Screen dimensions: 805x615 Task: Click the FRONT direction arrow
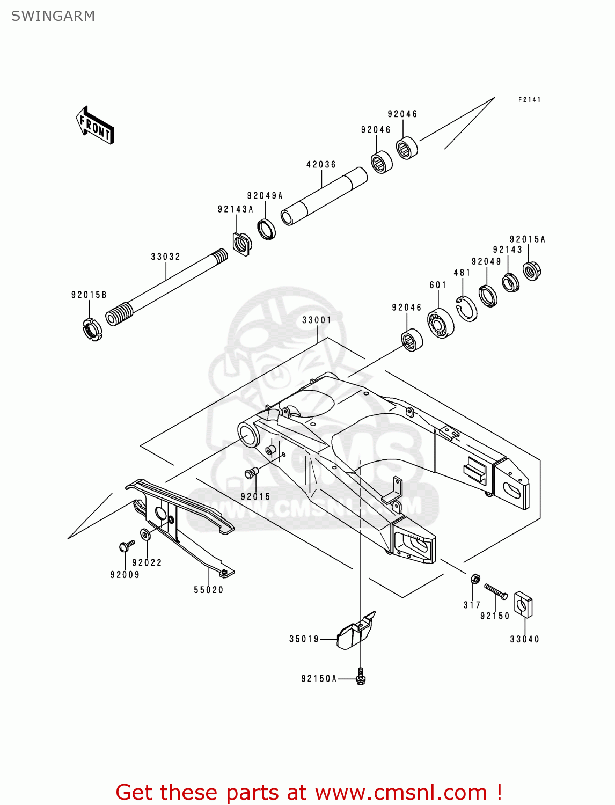point(96,126)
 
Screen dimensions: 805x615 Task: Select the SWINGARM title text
point(53,16)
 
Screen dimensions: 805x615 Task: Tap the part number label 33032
point(165,257)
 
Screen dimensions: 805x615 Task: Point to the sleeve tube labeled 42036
point(324,196)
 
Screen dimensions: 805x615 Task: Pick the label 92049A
point(265,196)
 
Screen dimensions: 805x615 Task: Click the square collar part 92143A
point(242,244)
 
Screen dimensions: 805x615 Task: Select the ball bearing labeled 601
point(441,323)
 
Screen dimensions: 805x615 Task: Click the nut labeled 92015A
point(531,270)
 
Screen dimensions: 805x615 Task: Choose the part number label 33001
point(317,320)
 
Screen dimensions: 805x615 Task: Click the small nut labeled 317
point(474,579)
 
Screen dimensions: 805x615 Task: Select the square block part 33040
point(523,604)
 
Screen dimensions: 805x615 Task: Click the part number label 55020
point(208,590)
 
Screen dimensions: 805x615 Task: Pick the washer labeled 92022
point(145,535)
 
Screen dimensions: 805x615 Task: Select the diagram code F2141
point(529,99)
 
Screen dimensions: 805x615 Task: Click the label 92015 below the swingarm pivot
point(255,496)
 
